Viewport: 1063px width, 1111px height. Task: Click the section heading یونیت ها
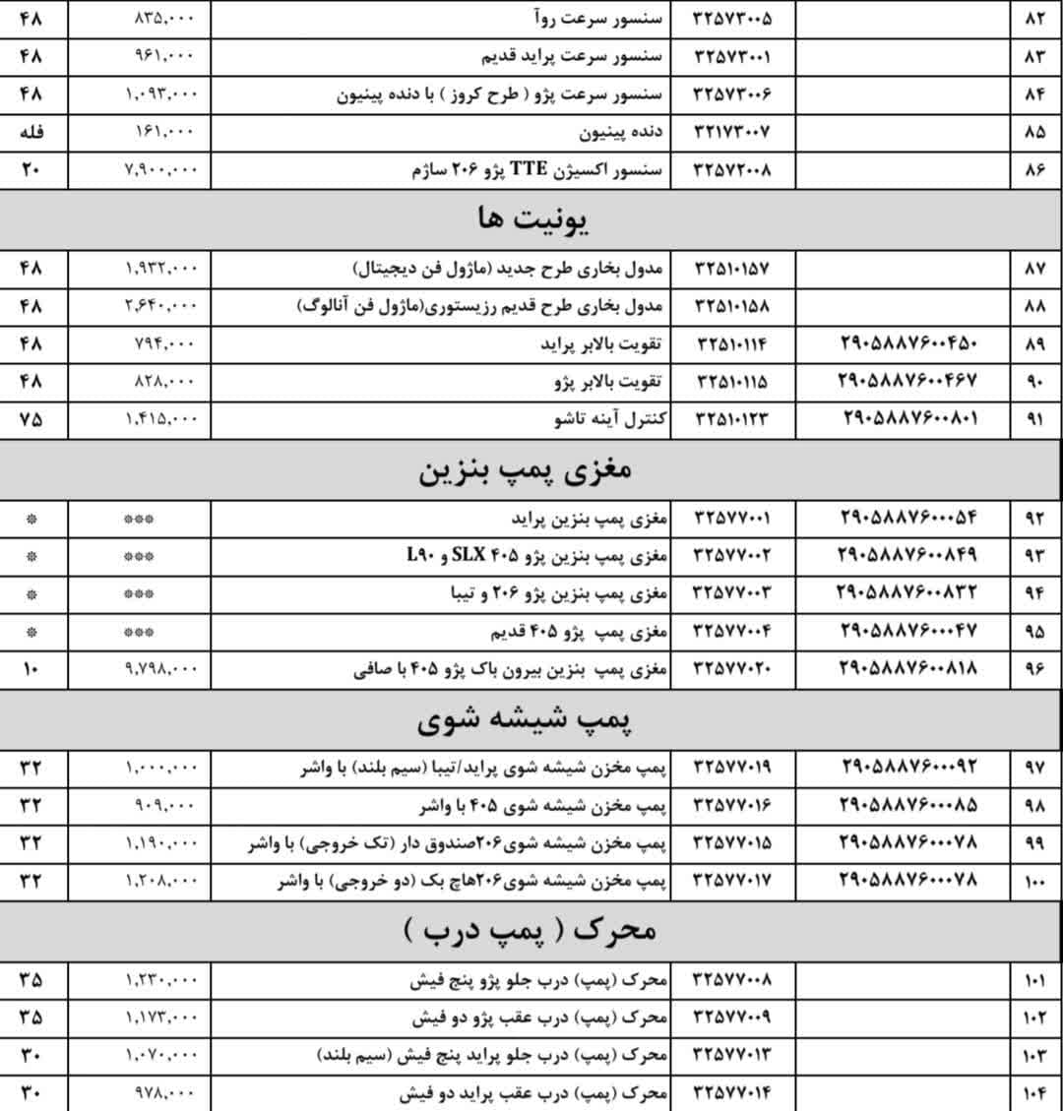point(531,218)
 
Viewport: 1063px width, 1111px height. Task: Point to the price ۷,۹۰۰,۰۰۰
point(161,170)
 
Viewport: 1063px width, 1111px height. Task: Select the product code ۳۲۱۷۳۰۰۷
point(732,132)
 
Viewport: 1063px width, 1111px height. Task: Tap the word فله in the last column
point(31,132)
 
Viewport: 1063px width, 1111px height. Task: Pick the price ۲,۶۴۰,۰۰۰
point(161,306)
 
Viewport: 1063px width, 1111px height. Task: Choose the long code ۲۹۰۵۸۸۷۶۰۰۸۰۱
point(909,419)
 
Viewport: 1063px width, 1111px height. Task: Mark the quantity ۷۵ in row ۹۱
point(31,419)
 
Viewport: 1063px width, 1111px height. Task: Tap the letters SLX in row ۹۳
point(473,555)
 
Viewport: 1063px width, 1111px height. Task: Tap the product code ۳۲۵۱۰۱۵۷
point(732,269)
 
